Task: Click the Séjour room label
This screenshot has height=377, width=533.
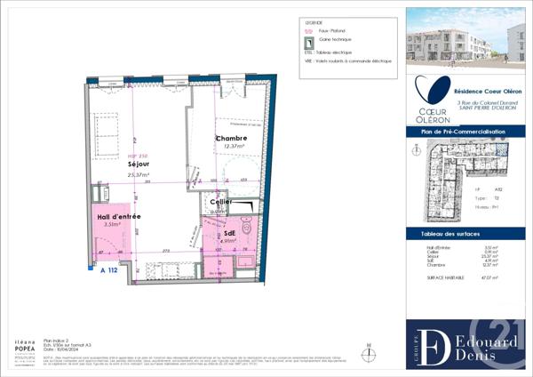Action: (138, 164)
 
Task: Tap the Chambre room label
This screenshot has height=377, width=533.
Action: (231, 140)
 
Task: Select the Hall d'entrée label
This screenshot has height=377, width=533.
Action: (119, 216)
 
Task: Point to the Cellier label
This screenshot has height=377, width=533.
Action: (221, 203)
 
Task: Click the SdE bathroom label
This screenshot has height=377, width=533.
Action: (228, 232)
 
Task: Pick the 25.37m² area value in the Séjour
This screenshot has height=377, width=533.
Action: (139, 175)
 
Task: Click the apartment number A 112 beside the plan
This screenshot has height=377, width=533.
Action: (109, 269)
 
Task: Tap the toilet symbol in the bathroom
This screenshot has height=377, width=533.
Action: (251, 235)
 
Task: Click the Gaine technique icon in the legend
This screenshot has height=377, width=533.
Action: (308, 42)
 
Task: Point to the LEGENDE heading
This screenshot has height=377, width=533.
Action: (314, 22)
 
